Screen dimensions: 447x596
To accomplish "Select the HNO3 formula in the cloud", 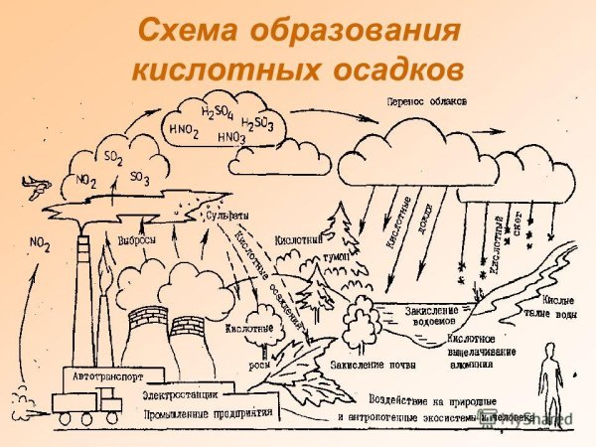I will (x=230, y=137).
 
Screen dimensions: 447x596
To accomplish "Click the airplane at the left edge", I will (x=37, y=184).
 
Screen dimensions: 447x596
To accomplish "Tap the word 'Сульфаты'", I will (x=225, y=215).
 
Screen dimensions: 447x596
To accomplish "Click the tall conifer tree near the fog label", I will (x=342, y=238).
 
